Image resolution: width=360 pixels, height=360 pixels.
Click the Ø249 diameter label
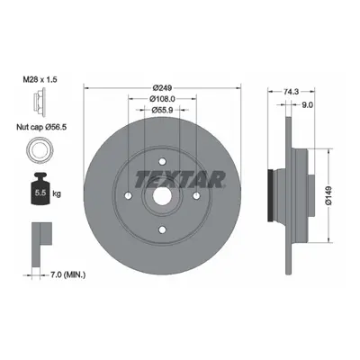[162, 88]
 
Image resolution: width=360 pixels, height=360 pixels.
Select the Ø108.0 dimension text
[162, 99]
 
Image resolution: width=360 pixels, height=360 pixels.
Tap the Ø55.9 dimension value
[162, 110]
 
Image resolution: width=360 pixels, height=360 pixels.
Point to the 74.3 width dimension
[291, 92]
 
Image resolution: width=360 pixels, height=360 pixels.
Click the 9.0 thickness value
[307, 104]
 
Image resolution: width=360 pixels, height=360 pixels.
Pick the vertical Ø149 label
[328, 195]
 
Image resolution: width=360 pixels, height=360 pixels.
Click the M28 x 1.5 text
[40, 80]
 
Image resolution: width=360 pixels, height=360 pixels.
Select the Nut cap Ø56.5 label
[41, 127]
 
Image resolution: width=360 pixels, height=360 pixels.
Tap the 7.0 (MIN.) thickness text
[67, 274]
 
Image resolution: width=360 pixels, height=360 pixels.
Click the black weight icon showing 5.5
[40, 189]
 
